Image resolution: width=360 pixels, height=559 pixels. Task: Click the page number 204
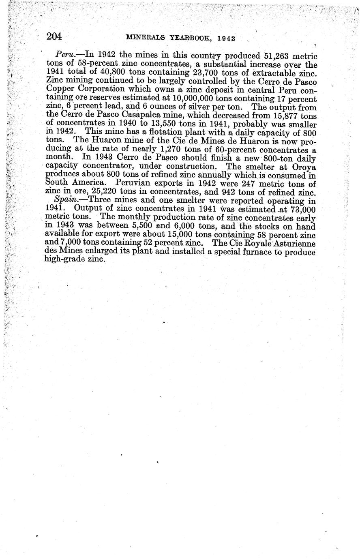(54, 37)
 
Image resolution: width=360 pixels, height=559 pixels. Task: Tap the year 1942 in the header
(226, 38)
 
